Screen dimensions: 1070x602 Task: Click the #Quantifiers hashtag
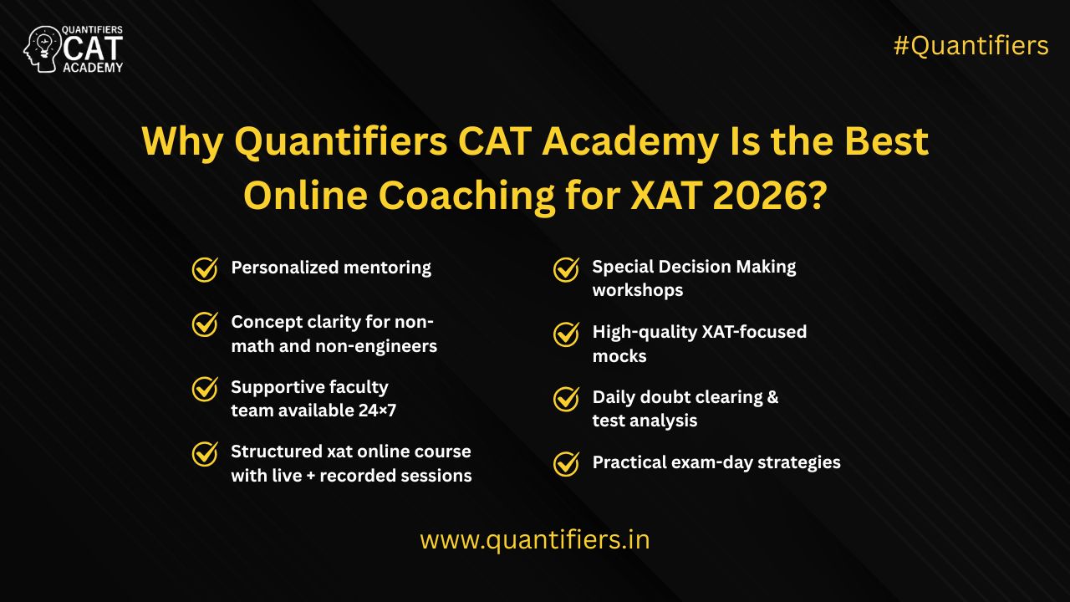coord(971,46)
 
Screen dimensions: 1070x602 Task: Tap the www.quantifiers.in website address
coord(535,540)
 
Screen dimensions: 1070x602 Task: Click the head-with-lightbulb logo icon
coord(42,49)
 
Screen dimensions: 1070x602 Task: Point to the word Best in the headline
coord(887,141)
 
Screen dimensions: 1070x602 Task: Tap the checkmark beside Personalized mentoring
coord(205,269)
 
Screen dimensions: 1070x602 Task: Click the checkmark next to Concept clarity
coord(205,324)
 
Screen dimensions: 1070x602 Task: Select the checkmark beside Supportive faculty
coord(205,389)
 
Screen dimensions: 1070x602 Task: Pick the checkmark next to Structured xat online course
coord(205,454)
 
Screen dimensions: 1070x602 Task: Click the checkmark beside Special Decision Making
coord(566,269)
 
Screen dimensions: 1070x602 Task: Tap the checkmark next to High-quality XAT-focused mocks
coord(566,334)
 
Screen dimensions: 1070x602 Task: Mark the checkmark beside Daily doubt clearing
coord(566,399)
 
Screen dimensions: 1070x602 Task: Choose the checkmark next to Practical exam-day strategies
coord(566,464)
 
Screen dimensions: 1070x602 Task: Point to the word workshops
coord(638,290)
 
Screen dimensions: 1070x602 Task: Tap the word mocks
coord(619,356)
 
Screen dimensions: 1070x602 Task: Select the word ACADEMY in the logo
coord(93,68)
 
